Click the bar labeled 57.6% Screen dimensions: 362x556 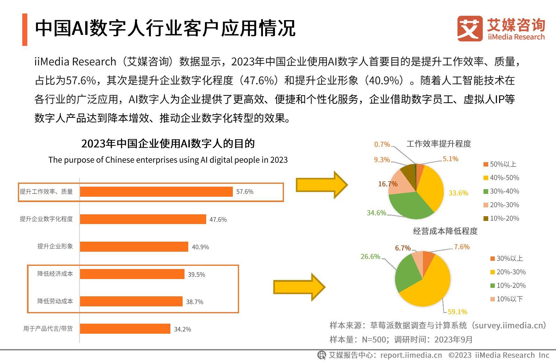click(x=156, y=191)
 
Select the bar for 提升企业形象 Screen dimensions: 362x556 click(x=134, y=247)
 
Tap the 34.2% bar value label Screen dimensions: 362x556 click(x=182, y=329)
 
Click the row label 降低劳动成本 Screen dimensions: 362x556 click(x=55, y=301)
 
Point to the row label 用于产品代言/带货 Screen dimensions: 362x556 click(x=48, y=329)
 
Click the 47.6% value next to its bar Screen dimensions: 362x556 click(x=218, y=219)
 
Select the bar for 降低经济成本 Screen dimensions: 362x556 click(x=132, y=274)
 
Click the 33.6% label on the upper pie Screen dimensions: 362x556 click(x=458, y=193)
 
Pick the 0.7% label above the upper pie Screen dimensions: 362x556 click(x=382, y=144)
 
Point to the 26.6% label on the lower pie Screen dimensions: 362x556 click(x=370, y=256)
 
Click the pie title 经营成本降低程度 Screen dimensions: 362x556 click(x=445, y=231)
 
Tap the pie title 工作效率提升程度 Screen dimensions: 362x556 click(x=439, y=144)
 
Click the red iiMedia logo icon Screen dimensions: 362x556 click(x=470, y=29)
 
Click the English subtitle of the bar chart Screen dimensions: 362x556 click(x=168, y=160)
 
